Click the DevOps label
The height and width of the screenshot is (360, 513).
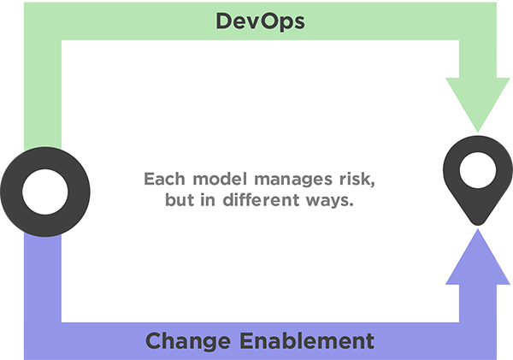(261, 21)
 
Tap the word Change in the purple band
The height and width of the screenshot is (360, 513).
(188, 342)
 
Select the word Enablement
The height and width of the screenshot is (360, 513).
(307, 340)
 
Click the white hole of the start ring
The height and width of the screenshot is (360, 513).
(45, 192)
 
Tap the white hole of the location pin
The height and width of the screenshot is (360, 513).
(478, 170)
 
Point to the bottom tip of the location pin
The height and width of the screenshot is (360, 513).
(478, 225)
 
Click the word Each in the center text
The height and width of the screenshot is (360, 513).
(164, 179)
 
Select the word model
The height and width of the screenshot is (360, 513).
(220, 179)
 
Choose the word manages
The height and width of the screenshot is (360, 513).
(293, 180)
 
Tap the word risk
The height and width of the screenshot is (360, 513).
(357, 180)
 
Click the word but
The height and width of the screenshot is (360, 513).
(180, 199)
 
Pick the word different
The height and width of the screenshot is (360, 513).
(261, 199)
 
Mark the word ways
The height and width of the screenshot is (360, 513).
(330, 201)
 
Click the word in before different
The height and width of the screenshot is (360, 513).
(208, 199)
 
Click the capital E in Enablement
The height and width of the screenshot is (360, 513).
(247, 340)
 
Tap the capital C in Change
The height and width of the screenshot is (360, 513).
(155, 340)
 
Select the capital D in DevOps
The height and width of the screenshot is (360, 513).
(224, 21)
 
